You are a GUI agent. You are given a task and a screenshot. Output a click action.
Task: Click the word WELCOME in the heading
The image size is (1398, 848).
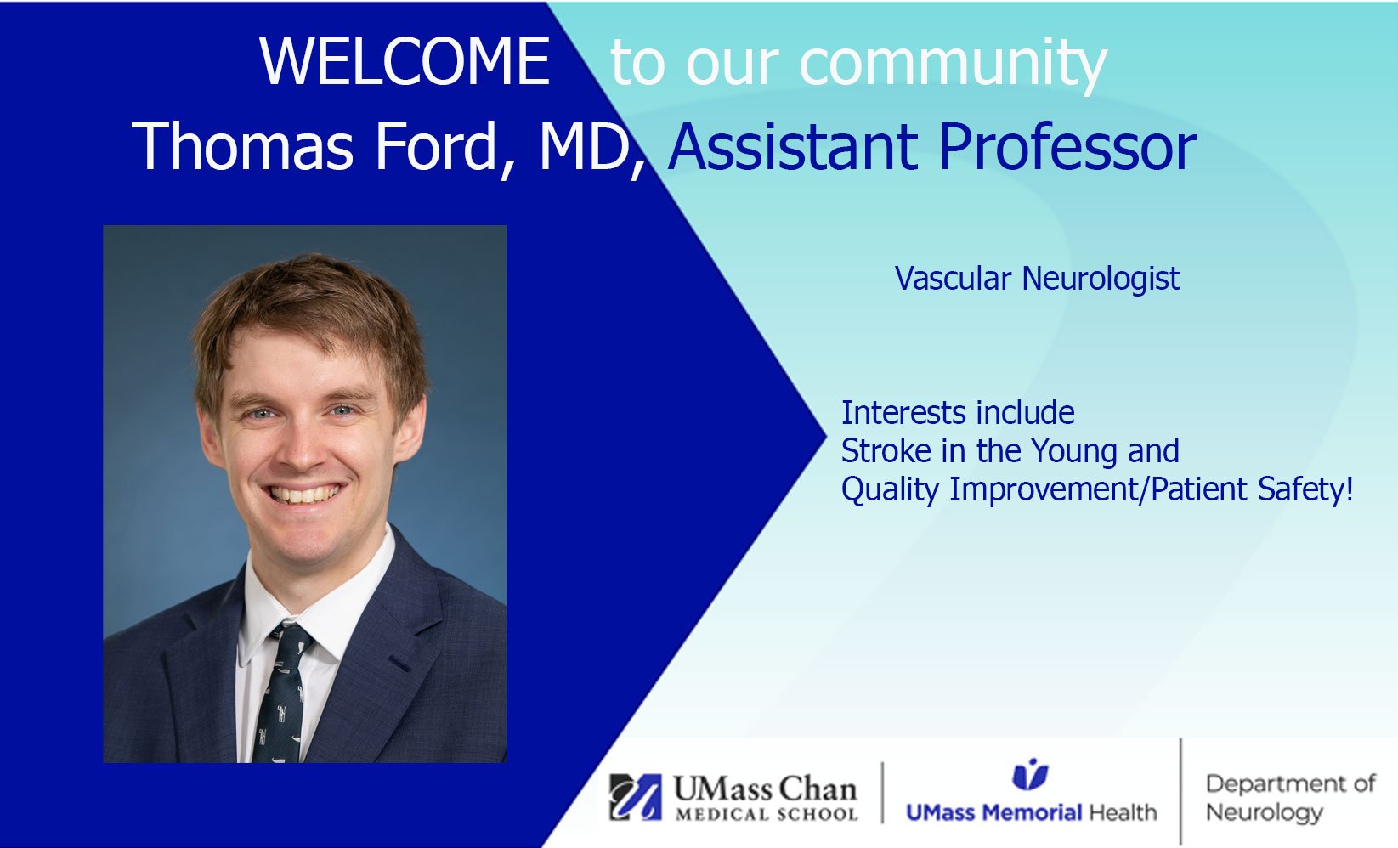coord(405,61)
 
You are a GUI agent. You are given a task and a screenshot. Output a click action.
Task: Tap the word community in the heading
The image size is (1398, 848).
coord(953,65)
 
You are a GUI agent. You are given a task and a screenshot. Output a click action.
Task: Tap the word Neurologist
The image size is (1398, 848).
coord(1101,279)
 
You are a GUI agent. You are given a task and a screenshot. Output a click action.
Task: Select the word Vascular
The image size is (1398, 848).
coord(953,279)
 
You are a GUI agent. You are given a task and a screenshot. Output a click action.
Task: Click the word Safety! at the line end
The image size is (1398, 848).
coord(1305,489)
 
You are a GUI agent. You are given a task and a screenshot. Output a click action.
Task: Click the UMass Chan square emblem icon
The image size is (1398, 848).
coord(636,797)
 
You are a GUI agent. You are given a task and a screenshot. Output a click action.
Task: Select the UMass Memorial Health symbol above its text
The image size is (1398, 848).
coord(1030,774)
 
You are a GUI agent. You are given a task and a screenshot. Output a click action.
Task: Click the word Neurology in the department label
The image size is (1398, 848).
coord(1265,812)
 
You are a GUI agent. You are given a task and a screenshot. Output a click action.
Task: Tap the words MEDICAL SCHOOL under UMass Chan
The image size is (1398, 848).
coord(767,814)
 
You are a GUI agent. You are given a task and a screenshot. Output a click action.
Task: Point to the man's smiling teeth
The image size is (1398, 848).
coord(305,495)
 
